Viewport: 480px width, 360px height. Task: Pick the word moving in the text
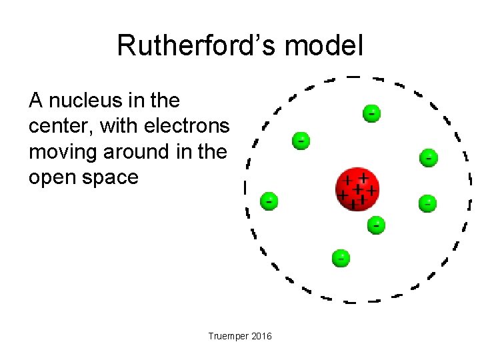[63, 152]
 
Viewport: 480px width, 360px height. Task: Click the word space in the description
[112, 177]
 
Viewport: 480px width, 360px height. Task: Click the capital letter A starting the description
[36, 101]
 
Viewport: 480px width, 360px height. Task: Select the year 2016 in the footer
[261, 337]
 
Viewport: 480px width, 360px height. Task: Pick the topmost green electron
[372, 113]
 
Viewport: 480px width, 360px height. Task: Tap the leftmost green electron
[269, 199]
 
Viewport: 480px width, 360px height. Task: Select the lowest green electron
[341, 257]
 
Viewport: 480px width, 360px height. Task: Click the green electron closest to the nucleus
[377, 225]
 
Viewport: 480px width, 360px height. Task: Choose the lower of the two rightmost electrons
[428, 203]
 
